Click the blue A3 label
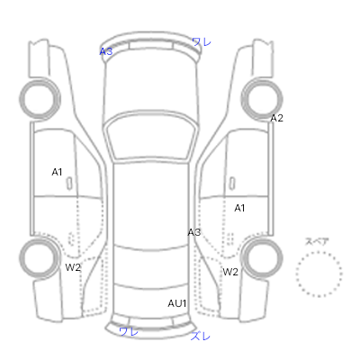click(x=106, y=51)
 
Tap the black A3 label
click(x=194, y=232)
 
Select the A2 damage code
click(x=276, y=118)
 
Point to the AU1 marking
click(x=177, y=303)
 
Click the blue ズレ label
click(x=201, y=336)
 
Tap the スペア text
click(x=317, y=241)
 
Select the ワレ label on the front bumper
click(x=202, y=41)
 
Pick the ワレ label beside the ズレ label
click(x=129, y=331)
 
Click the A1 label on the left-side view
click(x=57, y=172)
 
